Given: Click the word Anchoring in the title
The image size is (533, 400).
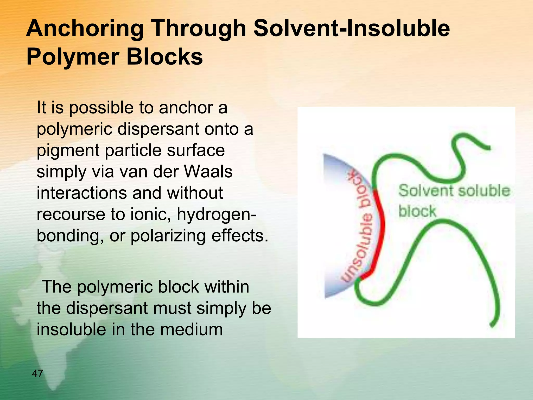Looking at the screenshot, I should pos(85,29).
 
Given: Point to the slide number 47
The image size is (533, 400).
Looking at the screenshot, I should pos(37,373).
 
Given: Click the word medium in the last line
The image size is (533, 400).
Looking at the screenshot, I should pos(191,330).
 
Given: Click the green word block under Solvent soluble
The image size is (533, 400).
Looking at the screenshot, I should pos(417,211).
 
